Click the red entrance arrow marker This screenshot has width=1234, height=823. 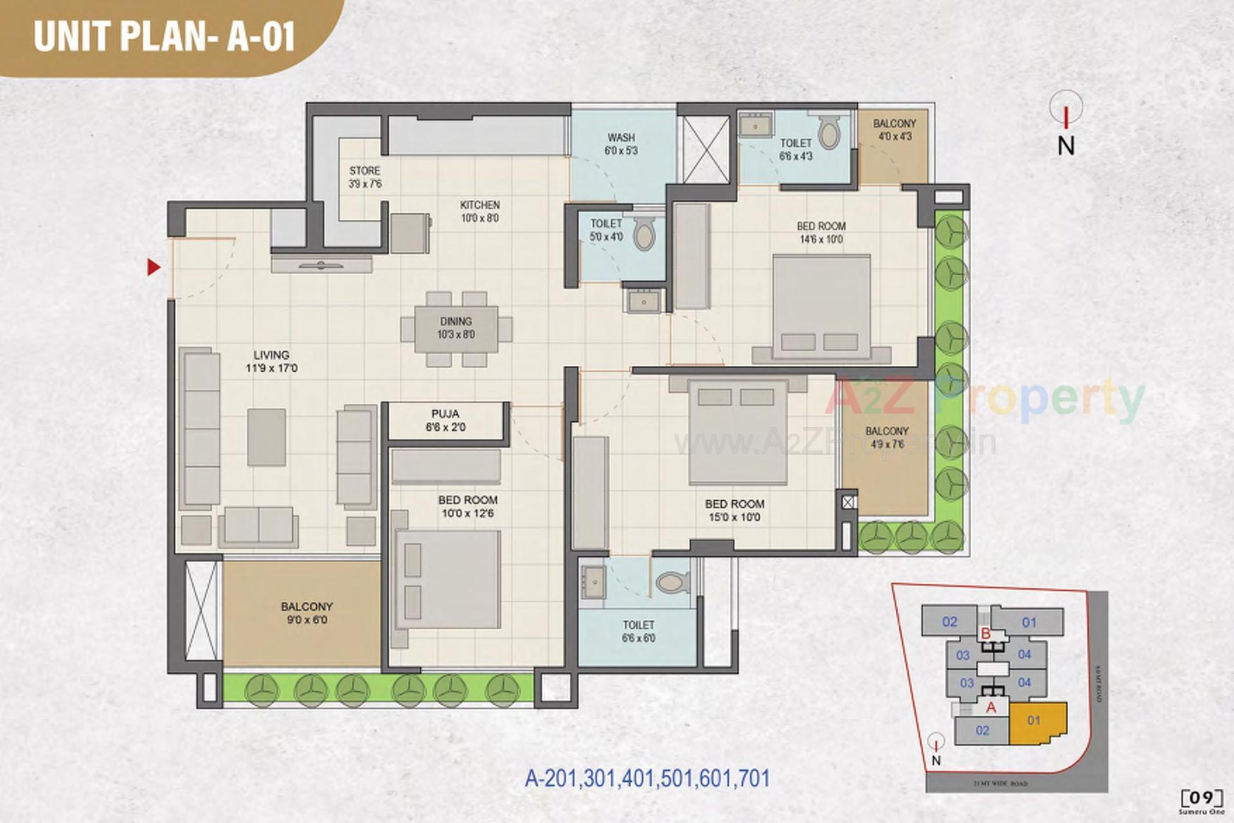(153, 267)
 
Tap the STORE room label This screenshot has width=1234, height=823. (364, 177)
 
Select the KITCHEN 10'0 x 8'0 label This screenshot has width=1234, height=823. (479, 212)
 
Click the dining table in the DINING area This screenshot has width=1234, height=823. (456, 328)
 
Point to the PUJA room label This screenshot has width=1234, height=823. (445, 421)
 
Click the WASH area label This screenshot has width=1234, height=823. (621, 144)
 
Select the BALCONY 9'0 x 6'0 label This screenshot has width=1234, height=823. (307, 613)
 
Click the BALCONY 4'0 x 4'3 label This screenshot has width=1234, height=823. (895, 129)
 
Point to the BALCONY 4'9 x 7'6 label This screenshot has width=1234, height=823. (887, 437)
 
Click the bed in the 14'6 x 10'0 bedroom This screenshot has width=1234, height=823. (821, 305)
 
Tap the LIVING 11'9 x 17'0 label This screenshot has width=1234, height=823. (271, 361)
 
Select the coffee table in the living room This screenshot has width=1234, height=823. (267, 437)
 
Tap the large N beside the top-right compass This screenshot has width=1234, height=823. (1066, 145)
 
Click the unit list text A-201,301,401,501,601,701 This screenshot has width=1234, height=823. (647, 779)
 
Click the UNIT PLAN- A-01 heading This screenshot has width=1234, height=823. (165, 36)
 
